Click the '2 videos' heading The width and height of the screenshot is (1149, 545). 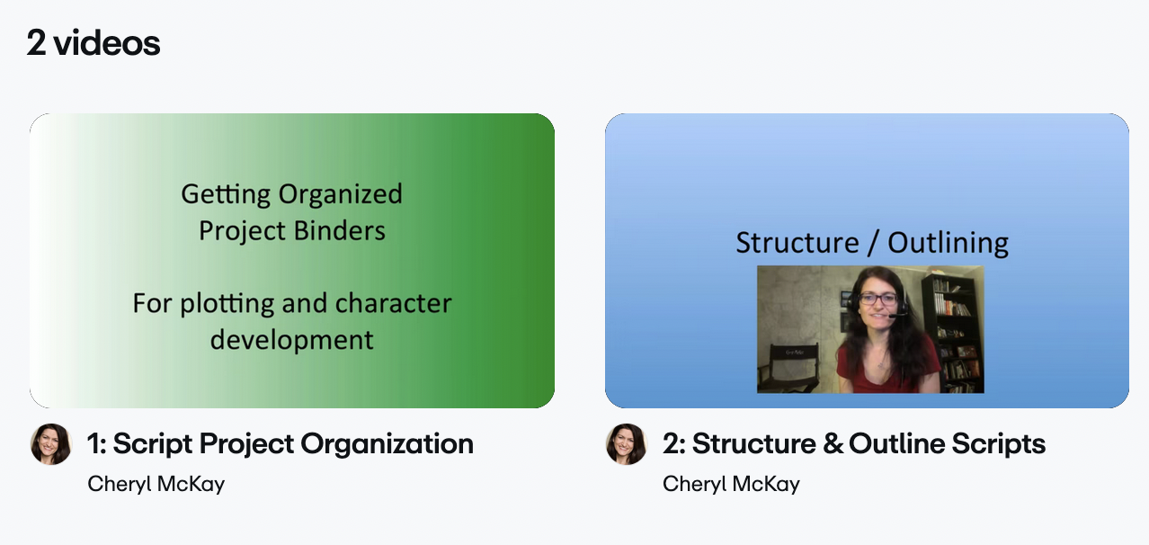click(x=94, y=42)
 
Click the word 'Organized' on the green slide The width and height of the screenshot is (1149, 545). click(x=340, y=194)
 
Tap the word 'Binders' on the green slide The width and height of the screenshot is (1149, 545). click(x=340, y=230)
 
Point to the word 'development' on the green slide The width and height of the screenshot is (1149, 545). click(x=292, y=339)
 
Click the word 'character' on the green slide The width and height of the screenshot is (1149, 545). click(x=394, y=303)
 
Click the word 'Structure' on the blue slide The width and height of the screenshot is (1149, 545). click(x=797, y=242)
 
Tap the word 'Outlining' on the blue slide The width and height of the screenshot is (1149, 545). click(x=948, y=243)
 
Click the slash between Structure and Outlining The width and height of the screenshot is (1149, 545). click(x=872, y=243)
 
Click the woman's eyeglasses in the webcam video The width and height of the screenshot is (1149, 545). click(x=878, y=299)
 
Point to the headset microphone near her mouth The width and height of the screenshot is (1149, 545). click(x=895, y=315)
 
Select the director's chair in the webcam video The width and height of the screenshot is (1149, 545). click(x=788, y=368)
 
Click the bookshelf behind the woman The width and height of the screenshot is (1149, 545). click(x=953, y=333)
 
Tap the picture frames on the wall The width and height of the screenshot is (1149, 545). click(x=846, y=311)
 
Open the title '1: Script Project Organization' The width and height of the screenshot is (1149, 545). click(x=281, y=444)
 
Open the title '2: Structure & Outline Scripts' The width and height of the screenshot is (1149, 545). click(x=854, y=444)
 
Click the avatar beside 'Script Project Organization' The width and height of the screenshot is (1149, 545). click(x=50, y=444)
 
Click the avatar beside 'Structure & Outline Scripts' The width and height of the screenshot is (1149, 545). click(x=627, y=444)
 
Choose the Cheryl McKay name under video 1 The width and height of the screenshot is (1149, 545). click(x=156, y=484)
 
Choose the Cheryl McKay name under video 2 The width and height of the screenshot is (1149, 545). click(x=731, y=484)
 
